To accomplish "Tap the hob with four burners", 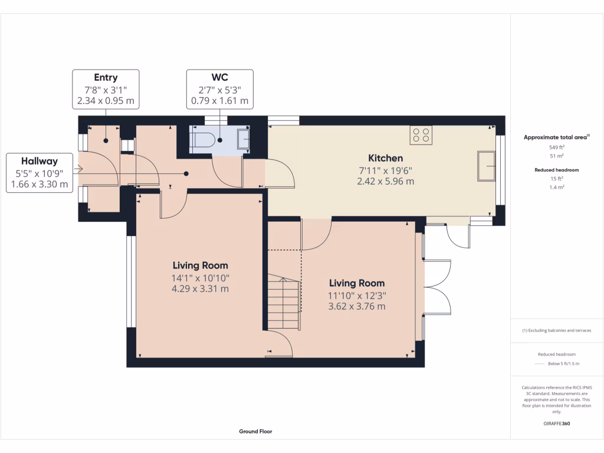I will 421,135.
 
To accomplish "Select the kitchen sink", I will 488,165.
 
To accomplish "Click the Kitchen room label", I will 385,158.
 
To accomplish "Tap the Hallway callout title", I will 40,161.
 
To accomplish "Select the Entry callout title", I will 106,77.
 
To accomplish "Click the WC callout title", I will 219,77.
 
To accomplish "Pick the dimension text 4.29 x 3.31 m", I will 200,289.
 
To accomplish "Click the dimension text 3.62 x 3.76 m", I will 356,306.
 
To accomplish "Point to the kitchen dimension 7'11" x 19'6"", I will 385,170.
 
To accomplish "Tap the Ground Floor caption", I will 255,431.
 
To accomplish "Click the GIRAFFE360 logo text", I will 556,424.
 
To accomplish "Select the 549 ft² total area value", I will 557,147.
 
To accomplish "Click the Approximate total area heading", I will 556,137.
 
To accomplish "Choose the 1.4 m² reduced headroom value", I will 557,187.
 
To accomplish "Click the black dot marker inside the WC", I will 219,140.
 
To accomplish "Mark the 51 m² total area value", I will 557,156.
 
